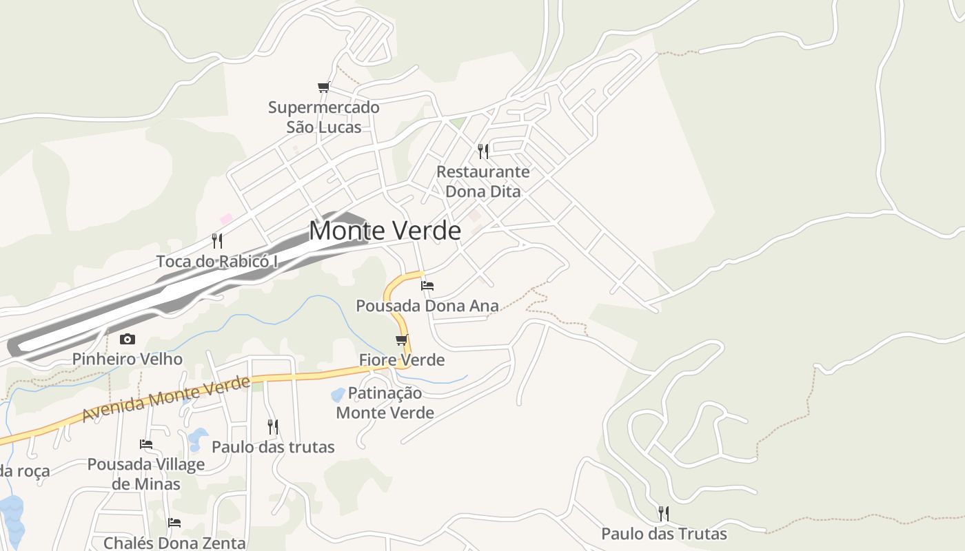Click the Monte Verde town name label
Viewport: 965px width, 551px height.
[385, 230]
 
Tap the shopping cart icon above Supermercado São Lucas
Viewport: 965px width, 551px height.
[323, 87]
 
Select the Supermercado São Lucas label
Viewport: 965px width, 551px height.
[323, 117]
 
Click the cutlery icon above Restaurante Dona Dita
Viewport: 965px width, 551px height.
[483, 151]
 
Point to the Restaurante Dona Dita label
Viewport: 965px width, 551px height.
[483, 181]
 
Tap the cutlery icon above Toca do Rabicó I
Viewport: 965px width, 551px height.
[217, 240]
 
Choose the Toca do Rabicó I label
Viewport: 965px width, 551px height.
[217, 262]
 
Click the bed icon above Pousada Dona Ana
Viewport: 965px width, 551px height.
[427, 285]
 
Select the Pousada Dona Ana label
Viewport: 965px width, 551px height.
[427, 306]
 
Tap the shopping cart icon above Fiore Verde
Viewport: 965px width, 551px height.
[402, 340]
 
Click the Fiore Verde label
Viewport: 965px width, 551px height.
[402, 360]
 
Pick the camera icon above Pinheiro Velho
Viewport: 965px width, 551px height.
[128, 339]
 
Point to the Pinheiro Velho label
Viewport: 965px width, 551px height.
[128, 359]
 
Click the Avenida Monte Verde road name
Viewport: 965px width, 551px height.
[165, 399]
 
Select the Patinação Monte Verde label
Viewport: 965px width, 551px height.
[385, 403]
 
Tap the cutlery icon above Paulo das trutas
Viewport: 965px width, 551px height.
[273, 427]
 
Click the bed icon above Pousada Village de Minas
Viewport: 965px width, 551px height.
[146, 444]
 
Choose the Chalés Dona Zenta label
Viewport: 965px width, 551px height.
[174, 543]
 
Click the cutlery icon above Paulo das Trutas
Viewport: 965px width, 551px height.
[664, 513]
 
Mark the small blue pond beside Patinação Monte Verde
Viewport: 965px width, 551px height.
[338, 395]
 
